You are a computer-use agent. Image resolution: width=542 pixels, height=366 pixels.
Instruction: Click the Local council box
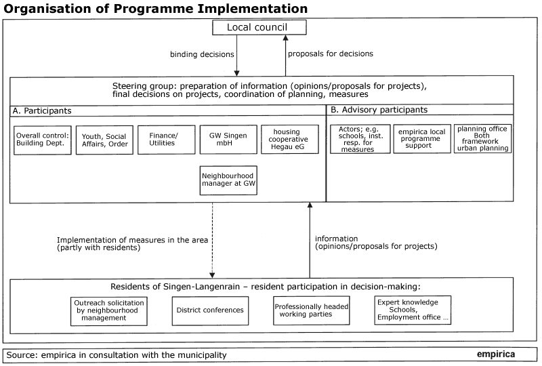pos(259,27)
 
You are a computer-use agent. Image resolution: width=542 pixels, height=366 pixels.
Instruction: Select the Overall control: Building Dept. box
pos(43,140)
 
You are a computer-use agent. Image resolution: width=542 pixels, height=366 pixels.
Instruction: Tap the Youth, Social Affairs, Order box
pos(104,140)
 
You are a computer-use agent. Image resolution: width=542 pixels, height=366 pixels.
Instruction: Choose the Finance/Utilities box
pos(166,140)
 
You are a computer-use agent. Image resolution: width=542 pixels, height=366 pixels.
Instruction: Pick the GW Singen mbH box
pos(228,140)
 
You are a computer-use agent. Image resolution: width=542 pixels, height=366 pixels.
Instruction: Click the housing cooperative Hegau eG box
pos(290,139)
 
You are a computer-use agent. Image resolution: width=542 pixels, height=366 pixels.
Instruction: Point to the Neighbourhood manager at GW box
pos(228,180)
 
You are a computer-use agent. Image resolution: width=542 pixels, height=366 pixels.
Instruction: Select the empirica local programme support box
pos(422,139)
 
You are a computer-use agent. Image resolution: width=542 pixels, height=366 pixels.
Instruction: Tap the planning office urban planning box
pos(482,138)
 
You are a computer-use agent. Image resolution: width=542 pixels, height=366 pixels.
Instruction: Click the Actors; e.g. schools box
pos(360,139)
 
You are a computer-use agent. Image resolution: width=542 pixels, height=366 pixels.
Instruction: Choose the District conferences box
pos(210,310)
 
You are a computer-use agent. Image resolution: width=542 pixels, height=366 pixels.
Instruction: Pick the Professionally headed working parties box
pos(312,310)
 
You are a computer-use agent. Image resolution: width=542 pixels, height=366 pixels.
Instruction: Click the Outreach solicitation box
pos(109,311)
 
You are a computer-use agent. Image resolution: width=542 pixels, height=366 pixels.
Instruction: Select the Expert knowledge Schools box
pos(413,310)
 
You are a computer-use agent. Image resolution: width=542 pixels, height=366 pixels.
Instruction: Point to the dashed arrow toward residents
pos(212,241)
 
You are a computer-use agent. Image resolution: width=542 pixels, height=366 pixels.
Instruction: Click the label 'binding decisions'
pos(202,54)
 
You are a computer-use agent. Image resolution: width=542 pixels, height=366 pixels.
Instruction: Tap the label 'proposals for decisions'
pos(331,54)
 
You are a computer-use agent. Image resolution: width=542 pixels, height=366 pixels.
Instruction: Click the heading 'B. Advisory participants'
pos(379,110)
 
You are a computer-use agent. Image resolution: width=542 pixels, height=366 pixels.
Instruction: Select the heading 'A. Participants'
pos(42,110)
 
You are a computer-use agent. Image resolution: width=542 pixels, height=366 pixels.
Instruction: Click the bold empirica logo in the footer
pos(496,354)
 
